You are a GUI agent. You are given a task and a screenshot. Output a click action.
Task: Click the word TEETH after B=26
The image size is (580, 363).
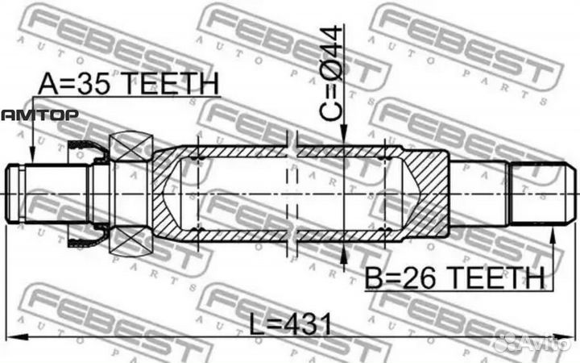pos(499,279)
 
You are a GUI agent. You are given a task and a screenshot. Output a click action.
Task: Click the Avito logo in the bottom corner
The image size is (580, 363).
pos(535,342)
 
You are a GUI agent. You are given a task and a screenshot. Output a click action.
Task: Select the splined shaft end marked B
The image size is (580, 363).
pos(545,193)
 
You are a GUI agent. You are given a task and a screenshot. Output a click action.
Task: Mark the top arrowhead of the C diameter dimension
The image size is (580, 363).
pos(345,138)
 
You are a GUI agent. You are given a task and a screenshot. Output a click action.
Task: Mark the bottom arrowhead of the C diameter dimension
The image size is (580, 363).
pos(345,249)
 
